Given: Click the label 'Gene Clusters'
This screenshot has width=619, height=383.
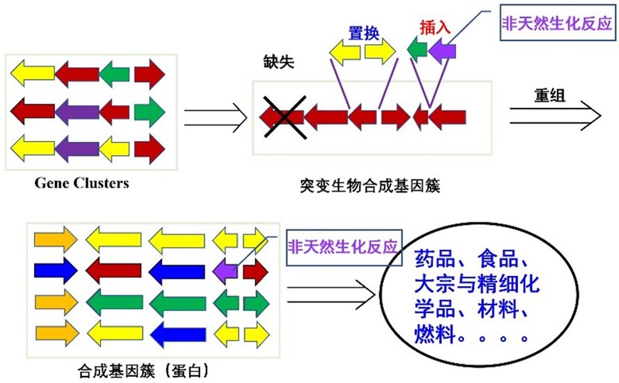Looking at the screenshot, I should point(81,184).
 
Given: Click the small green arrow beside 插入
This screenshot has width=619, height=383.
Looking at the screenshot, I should point(417,51).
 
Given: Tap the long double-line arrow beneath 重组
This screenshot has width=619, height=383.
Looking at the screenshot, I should point(556,116).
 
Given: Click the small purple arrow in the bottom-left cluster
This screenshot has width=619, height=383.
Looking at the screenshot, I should point(226,272).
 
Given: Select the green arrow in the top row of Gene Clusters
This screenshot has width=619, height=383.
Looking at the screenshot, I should point(114,75).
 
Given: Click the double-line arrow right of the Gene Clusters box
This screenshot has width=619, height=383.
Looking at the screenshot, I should point(216,118).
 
